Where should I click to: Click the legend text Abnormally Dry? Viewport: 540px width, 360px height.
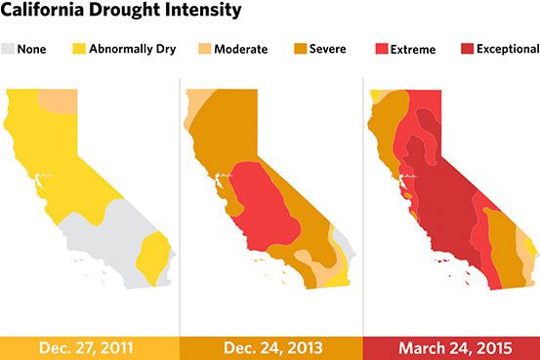pos(134,48)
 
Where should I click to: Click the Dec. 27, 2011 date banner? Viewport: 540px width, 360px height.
pos(89,347)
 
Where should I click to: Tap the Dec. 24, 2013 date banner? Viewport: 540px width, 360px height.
pos(270,347)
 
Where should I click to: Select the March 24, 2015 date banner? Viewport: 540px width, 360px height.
pos(450,347)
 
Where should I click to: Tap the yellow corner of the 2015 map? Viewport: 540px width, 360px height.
pos(379,95)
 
